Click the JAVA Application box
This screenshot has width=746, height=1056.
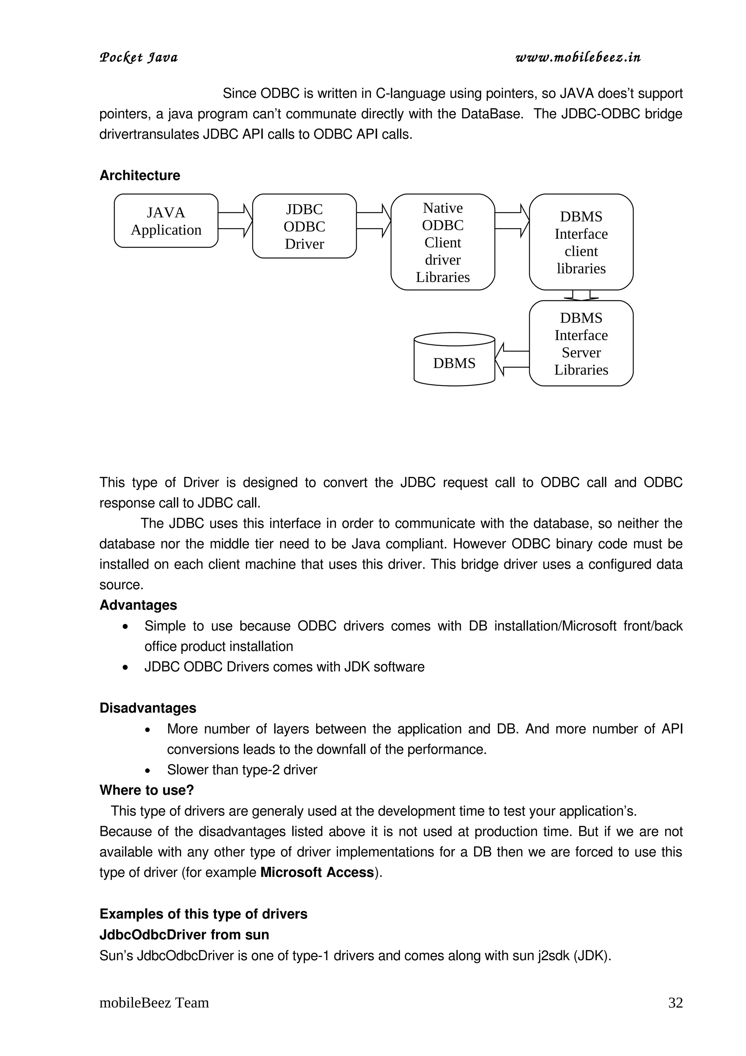tap(166, 221)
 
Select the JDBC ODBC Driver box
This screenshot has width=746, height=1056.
tap(304, 226)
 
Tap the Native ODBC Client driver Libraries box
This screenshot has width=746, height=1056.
tap(443, 242)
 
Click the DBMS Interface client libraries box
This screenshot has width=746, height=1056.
tap(581, 242)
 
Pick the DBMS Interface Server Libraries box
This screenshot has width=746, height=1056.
tap(581, 343)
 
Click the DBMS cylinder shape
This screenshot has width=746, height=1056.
tap(454, 360)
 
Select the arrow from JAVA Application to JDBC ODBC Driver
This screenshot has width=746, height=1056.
tap(235, 221)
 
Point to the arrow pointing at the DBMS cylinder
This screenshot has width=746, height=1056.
tap(511, 359)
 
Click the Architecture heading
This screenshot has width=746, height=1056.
tap(140, 175)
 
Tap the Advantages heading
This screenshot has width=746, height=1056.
tap(138, 605)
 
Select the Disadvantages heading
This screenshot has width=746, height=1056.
tap(148, 708)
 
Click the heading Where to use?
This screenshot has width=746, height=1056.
tap(147, 790)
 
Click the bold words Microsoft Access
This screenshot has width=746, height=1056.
tap(317, 872)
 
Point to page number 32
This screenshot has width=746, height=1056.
tap(675, 1003)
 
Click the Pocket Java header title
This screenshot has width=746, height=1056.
tap(138, 58)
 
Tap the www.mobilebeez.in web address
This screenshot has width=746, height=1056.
tap(578, 58)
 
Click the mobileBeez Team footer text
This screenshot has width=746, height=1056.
tap(154, 1003)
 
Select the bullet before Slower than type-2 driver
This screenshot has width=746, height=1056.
tap(148, 771)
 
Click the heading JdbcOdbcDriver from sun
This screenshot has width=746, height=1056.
tap(184, 935)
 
